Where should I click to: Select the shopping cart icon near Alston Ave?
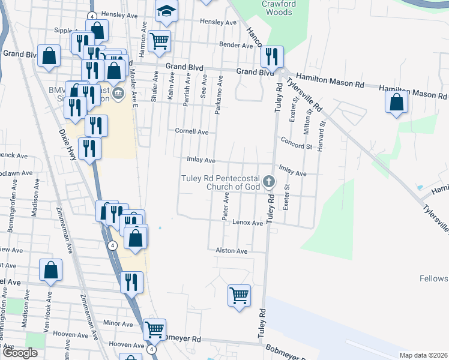pos(239,295)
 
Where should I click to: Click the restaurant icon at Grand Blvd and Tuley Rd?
pos(271,56)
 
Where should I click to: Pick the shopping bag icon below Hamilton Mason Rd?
pos(397,101)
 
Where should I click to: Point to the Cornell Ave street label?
pos(191,131)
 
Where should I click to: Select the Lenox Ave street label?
pos(249,223)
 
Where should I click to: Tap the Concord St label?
pos(296,146)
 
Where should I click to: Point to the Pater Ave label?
pos(226,206)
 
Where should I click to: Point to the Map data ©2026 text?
pos(423,355)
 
